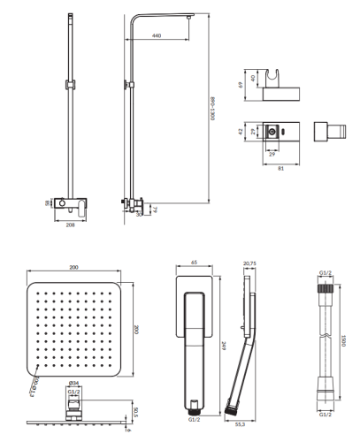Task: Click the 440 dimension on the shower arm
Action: point(157,35)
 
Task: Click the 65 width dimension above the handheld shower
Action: point(194,263)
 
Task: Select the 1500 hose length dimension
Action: point(342,347)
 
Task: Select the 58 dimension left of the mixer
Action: point(49,203)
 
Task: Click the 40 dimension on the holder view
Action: point(255,79)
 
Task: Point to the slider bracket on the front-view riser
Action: point(69,85)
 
